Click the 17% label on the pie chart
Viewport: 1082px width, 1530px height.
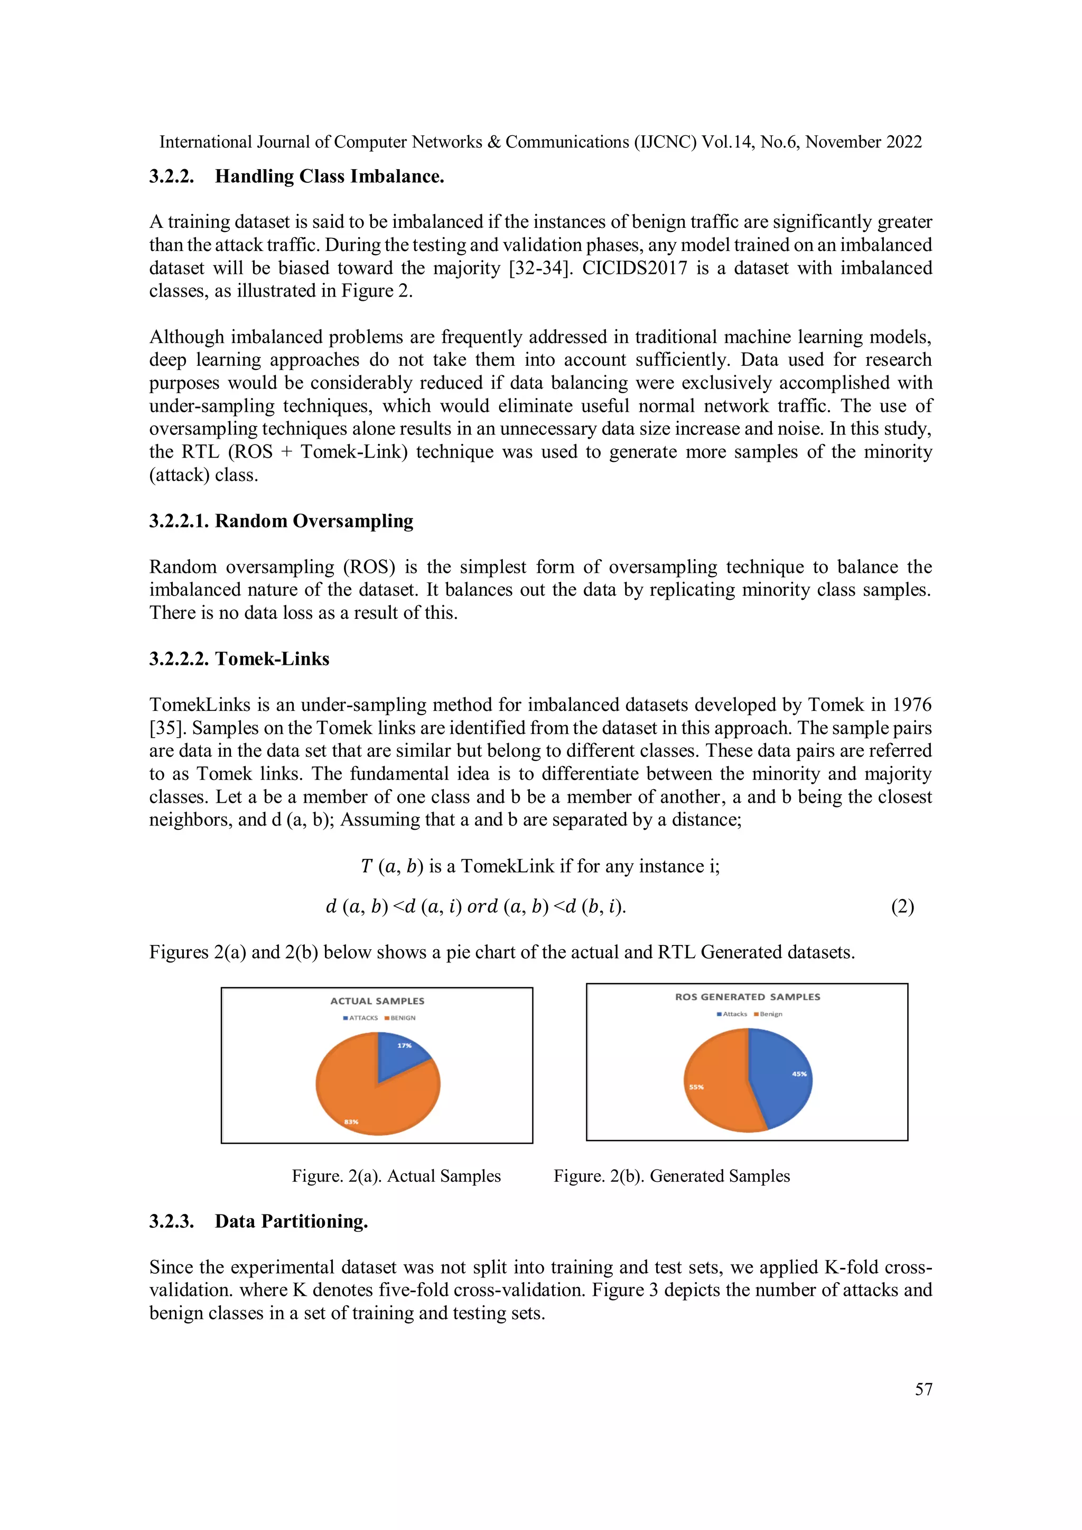(x=404, y=1045)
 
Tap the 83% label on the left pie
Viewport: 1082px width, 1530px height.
(x=351, y=1121)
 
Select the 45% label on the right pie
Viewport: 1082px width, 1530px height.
(x=799, y=1073)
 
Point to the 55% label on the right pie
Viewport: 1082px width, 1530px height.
(x=696, y=1087)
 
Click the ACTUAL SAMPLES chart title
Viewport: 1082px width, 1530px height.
(x=377, y=1001)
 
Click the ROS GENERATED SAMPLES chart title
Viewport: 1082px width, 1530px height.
(x=748, y=997)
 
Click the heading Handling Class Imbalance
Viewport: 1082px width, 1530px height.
(x=329, y=176)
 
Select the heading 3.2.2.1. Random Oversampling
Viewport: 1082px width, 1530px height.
(x=281, y=521)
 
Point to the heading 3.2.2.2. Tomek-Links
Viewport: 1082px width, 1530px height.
(x=239, y=659)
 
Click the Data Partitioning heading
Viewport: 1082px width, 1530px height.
(x=291, y=1221)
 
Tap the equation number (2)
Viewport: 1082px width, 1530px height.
(x=902, y=906)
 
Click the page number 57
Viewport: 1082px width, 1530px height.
(x=923, y=1389)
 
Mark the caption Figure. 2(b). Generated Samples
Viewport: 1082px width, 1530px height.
(x=671, y=1175)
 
